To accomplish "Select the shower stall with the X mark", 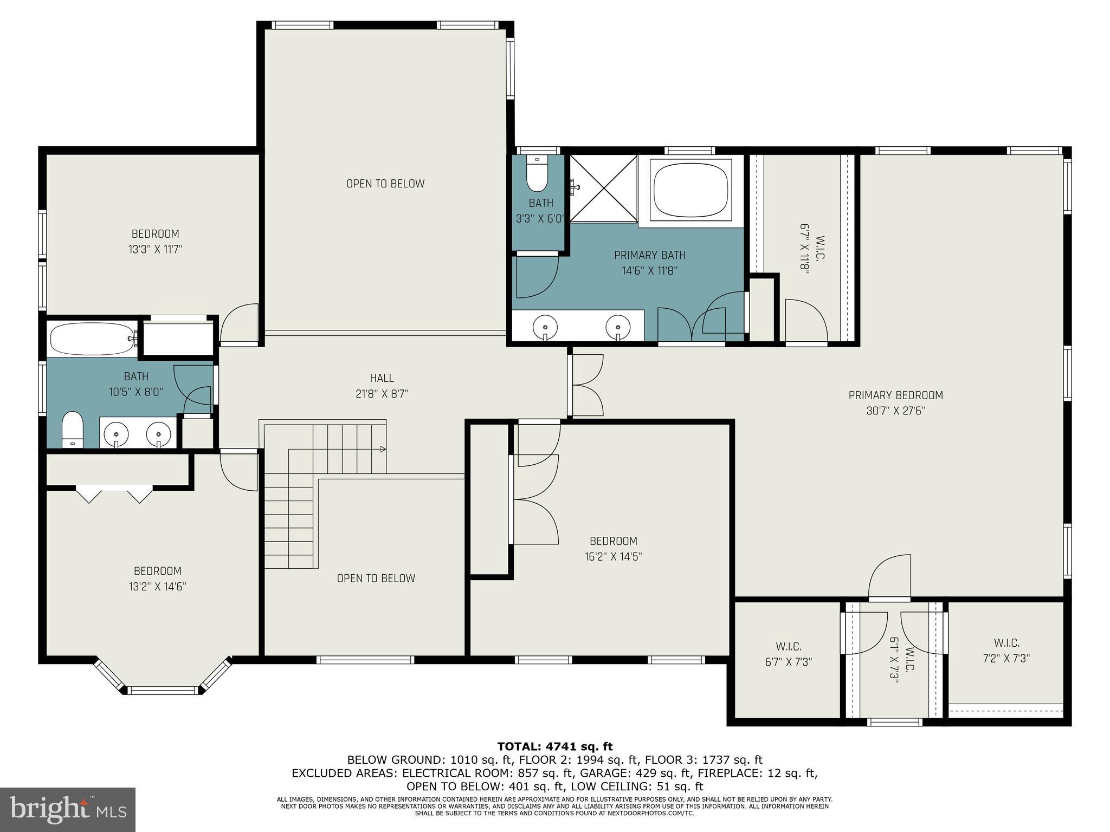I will [603, 188].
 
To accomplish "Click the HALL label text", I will [382, 378].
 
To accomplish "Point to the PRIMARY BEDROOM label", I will [895, 395].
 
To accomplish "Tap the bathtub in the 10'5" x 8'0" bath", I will [91, 339].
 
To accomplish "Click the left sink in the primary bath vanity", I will [545, 327].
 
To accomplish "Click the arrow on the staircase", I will [383, 448].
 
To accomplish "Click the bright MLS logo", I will [67, 809].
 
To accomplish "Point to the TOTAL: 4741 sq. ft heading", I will [554, 746].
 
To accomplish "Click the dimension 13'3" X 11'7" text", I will [155, 250].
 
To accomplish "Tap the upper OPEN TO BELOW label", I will [385, 184].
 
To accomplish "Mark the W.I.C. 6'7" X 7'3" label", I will [788, 654].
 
